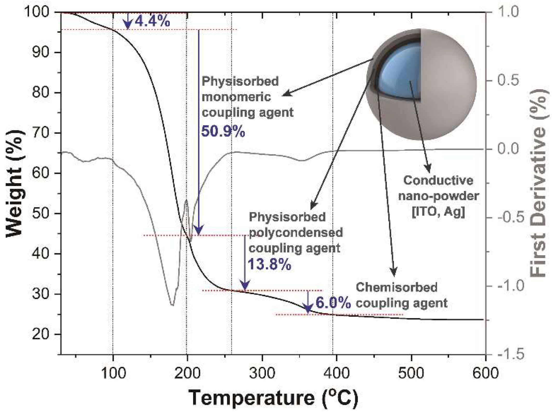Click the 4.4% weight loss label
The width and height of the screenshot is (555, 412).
coord(152,22)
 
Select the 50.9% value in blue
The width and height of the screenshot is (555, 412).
coord(223,131)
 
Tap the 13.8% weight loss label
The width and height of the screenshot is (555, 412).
coord(270,265)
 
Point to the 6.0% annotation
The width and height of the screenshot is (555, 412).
coord(333,303)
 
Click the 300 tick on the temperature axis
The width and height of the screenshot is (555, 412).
coord(262,373)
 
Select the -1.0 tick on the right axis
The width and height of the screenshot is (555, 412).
coord(508,286)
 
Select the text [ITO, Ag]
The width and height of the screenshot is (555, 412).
coord(438,212)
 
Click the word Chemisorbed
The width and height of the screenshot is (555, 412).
coord(396,287)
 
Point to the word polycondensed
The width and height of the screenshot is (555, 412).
coord(296,232)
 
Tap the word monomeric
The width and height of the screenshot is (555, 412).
coord(236,97)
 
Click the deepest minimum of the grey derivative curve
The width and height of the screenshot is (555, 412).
coord(172,305)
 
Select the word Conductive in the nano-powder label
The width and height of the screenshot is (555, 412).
coord(438,180)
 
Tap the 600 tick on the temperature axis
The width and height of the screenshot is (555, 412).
coord(484,373)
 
